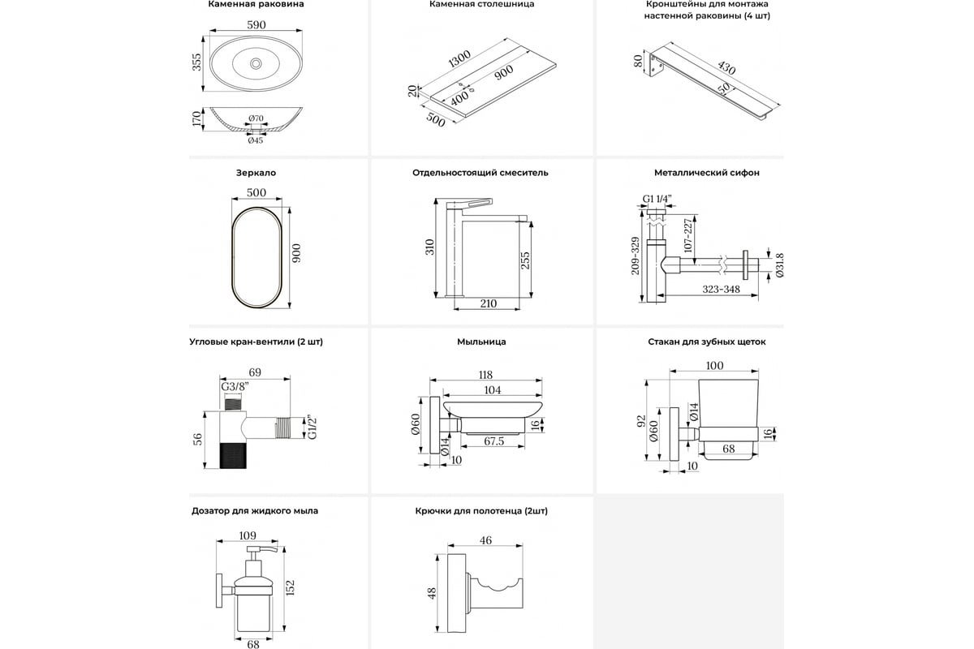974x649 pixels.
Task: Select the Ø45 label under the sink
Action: click(x=255, y=140)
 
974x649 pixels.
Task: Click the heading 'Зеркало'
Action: click(x=256, y=173)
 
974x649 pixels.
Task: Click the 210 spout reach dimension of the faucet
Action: click(x=489, y=303)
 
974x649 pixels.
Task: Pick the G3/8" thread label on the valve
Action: click(x=235, y=386)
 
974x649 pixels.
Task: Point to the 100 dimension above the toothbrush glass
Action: click(x=713, y=367)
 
